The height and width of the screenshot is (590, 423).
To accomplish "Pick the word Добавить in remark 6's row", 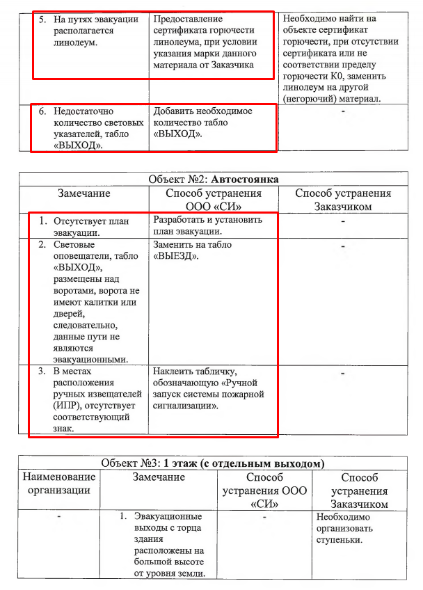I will pos(175,111).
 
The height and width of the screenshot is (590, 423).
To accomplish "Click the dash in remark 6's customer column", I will pos(343,112).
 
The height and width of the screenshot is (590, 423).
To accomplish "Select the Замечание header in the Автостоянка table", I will pos(84,193).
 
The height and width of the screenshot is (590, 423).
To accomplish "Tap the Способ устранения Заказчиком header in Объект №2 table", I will pos(343,200).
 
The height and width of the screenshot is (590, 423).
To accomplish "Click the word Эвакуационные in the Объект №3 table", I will pos(169,517).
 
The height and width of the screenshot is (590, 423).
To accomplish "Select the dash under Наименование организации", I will pos(59,517).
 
